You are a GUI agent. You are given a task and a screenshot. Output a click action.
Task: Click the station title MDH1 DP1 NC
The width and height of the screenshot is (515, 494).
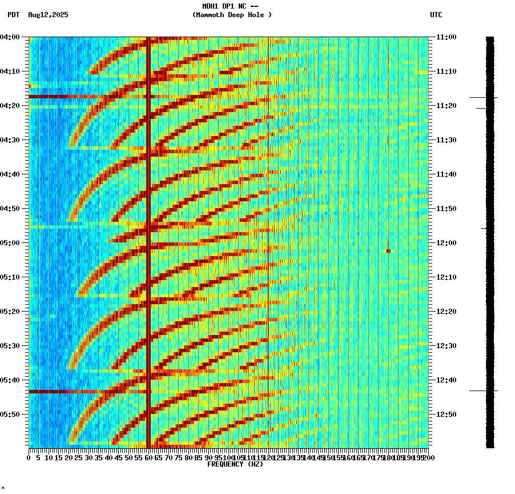point(230,6)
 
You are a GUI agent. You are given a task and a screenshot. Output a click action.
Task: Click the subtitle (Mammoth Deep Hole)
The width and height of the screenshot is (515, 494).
point(232,15)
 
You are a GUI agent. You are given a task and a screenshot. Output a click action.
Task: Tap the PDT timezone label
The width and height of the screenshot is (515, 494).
point(13,15)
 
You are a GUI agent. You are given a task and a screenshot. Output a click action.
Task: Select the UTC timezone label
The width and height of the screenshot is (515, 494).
point(436,15)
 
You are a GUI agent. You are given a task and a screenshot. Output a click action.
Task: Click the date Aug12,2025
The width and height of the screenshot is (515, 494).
point(48,15)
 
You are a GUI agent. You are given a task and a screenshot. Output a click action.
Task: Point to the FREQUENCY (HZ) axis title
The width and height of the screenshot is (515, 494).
point(235,464)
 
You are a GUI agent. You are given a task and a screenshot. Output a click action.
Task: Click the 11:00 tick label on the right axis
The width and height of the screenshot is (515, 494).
point(446,37)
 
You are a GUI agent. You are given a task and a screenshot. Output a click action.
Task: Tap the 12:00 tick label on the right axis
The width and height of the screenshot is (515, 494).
point(446,243)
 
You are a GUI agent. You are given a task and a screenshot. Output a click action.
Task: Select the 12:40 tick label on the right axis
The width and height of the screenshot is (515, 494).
point(446,380)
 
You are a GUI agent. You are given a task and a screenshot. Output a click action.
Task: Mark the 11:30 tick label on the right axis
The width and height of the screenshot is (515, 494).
point(446,140)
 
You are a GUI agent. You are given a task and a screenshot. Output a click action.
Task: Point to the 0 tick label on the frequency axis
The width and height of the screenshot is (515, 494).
point(29,458)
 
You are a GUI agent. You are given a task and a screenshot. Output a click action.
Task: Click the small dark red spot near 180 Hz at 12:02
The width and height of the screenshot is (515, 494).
point(388,251)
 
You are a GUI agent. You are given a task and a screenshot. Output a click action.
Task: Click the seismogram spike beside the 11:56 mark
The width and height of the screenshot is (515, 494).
point(484,228)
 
